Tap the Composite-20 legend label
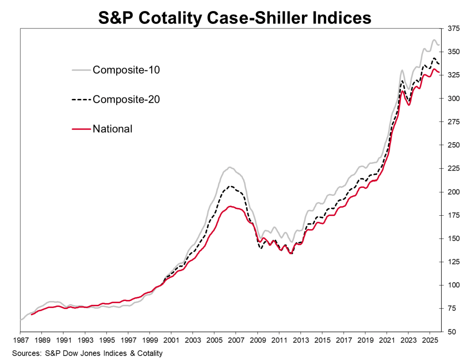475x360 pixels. [x=126, y=99]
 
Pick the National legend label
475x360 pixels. [x=112, y=129]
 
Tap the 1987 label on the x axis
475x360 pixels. [x=20, y=341]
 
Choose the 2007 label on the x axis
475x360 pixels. [x=235, y=341]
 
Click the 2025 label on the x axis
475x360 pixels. [x=429, y=341]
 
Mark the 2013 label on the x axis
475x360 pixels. [x=300, y=341]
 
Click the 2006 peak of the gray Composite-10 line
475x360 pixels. [x=229, y=167]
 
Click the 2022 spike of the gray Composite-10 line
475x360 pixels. [x=402, y=71]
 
